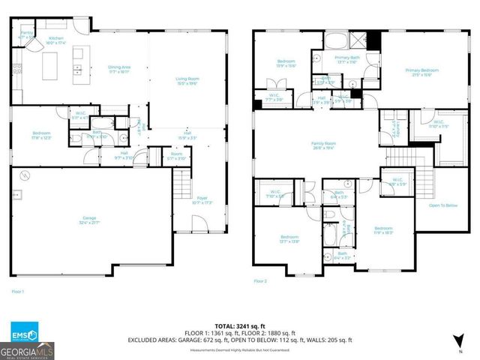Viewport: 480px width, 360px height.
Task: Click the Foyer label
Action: coord(202,200)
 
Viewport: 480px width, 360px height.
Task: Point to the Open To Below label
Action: coord(443,205)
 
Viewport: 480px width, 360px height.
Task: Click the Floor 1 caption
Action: coord(18,290)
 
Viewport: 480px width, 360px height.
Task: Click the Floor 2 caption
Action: coord(260,281)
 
